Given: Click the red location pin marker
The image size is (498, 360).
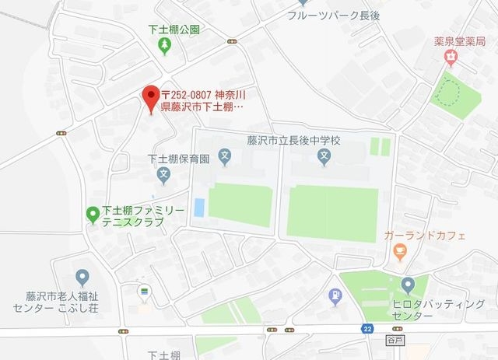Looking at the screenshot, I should point(151,98).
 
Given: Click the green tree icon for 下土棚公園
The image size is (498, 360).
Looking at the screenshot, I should point(163,47).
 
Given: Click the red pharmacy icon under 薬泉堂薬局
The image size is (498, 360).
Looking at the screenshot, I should point(450,56).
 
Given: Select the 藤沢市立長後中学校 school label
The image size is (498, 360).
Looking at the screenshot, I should point(293,140).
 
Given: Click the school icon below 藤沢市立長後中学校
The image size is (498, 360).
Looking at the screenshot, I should point(324,159).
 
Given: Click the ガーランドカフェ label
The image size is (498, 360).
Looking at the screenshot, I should point(424,235).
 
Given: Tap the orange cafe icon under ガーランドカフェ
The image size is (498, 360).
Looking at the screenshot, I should point(400,251).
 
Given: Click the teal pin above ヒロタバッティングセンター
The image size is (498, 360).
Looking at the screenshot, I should point(409,285).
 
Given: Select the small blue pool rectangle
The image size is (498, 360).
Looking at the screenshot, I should point(198,208).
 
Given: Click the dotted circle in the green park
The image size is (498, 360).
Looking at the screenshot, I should point(448,94).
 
